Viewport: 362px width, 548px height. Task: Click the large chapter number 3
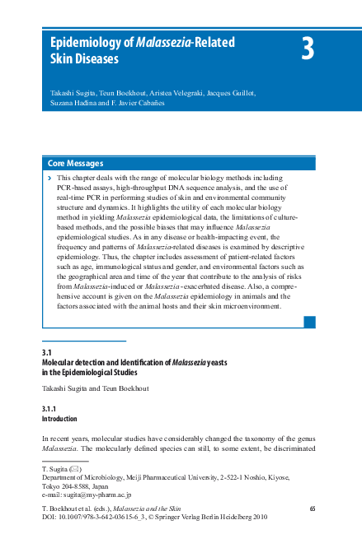(307, 50)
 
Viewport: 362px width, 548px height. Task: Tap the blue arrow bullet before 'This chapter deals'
(49, 177)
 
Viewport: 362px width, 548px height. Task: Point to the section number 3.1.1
(54, 409)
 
